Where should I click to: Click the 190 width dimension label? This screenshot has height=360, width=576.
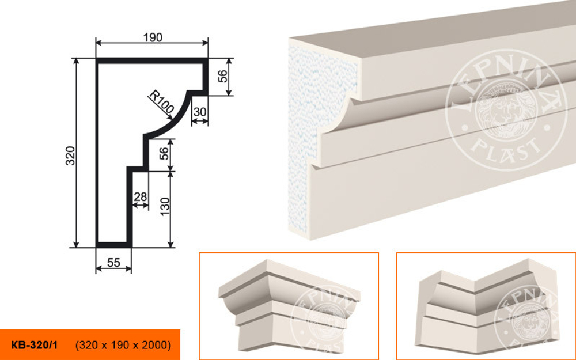click(x=153, y=37)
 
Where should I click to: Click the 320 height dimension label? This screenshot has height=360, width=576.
click(x=70, y=156)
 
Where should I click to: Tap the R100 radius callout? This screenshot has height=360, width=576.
click(x=161, y=102)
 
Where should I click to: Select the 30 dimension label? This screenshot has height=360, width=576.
click(x=200, y=112)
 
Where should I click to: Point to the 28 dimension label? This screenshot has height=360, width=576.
click(x=140, y=197)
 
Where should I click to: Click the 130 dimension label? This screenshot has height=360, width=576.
click(x=165, y=206)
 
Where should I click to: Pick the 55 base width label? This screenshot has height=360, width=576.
click(x=113, y=262)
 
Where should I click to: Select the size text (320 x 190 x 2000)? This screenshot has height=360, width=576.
click(x=123, y=345)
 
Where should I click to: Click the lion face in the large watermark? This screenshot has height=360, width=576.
click(x=505, y=109)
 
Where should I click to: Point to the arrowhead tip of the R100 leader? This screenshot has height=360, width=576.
click(x=172, y=119)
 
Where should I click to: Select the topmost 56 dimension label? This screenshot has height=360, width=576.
click(x=222, y=76)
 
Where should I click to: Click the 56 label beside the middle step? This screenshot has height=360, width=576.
click(x=165, y=154)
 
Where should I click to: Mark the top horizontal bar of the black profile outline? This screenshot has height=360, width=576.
click(x=152, y=60)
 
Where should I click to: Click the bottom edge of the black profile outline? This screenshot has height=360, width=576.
click(x=114, y=245)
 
